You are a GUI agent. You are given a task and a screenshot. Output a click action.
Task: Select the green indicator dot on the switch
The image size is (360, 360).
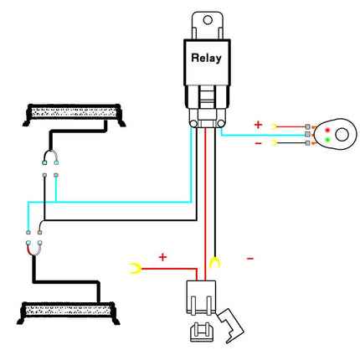[x=327, y=138]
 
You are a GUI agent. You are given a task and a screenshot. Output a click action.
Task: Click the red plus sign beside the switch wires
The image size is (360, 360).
[x=258, y=124]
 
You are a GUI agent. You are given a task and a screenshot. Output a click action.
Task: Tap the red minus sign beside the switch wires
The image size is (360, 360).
[x=258, y=144]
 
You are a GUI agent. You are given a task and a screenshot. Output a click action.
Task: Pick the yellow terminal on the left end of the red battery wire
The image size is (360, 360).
[x=135, y=268]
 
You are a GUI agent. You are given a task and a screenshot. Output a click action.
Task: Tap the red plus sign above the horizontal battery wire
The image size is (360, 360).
[x=162, y=256]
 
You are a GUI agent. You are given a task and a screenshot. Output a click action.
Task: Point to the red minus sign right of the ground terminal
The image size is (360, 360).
[x=249, y=260]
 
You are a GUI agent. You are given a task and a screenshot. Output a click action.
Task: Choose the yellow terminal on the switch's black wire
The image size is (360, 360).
[x=275, y=143]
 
